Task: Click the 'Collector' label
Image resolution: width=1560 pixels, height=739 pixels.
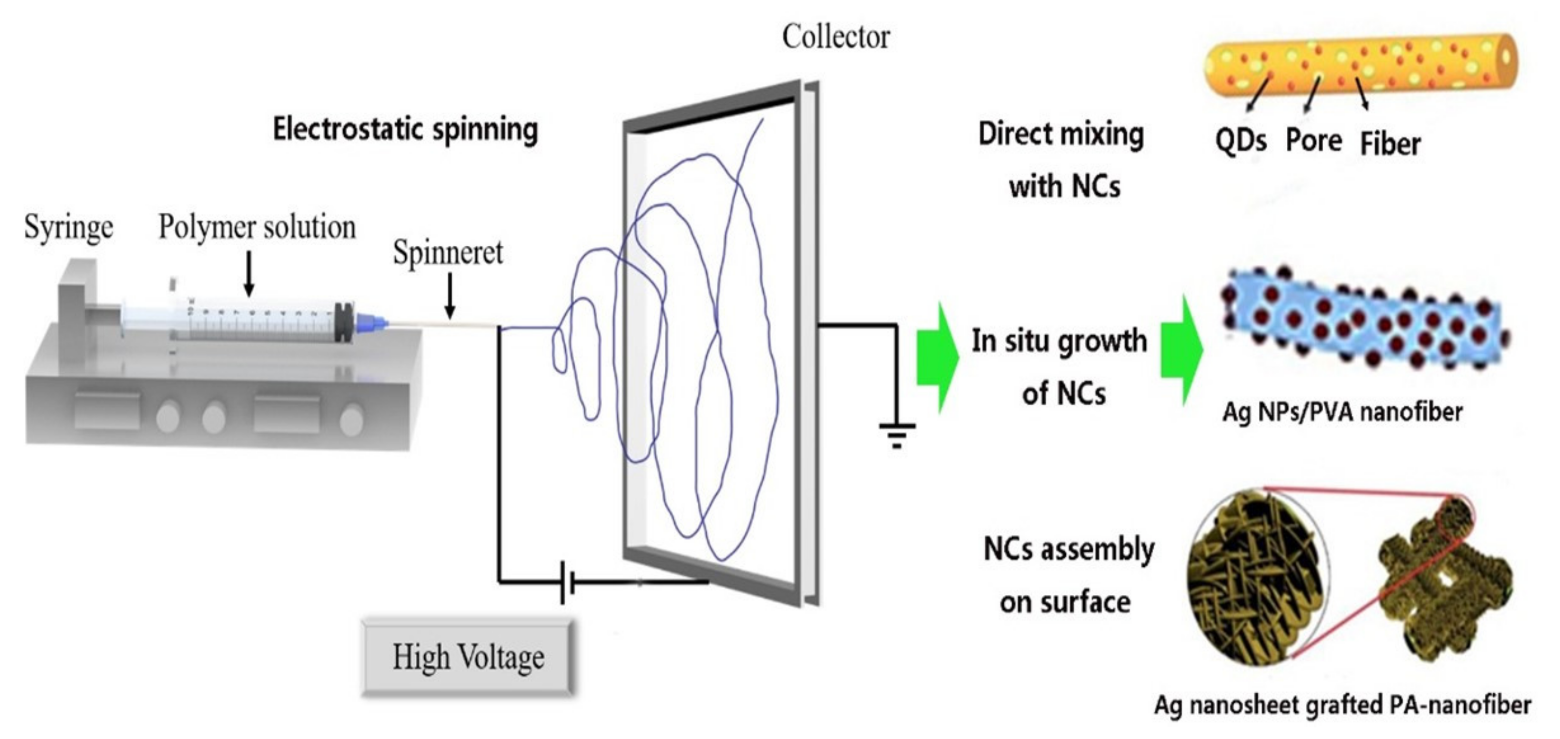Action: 836,37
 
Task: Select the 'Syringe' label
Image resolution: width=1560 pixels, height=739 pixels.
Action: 68,228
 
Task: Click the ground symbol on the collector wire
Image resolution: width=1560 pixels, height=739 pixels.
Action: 897,434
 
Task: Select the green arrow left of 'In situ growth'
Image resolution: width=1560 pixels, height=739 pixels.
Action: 937,358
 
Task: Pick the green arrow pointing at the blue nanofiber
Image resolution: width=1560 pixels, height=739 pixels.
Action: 1182,350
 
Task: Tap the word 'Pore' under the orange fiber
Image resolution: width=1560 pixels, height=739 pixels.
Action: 1314,141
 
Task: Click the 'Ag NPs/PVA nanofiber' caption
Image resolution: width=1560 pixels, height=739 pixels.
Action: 1342,413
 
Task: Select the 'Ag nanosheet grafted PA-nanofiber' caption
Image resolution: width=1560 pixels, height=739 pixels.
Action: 1342,704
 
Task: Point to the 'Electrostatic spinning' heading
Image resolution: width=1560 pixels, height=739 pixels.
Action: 405,129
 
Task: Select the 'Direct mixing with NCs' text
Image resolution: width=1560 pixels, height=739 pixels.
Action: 1062,160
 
